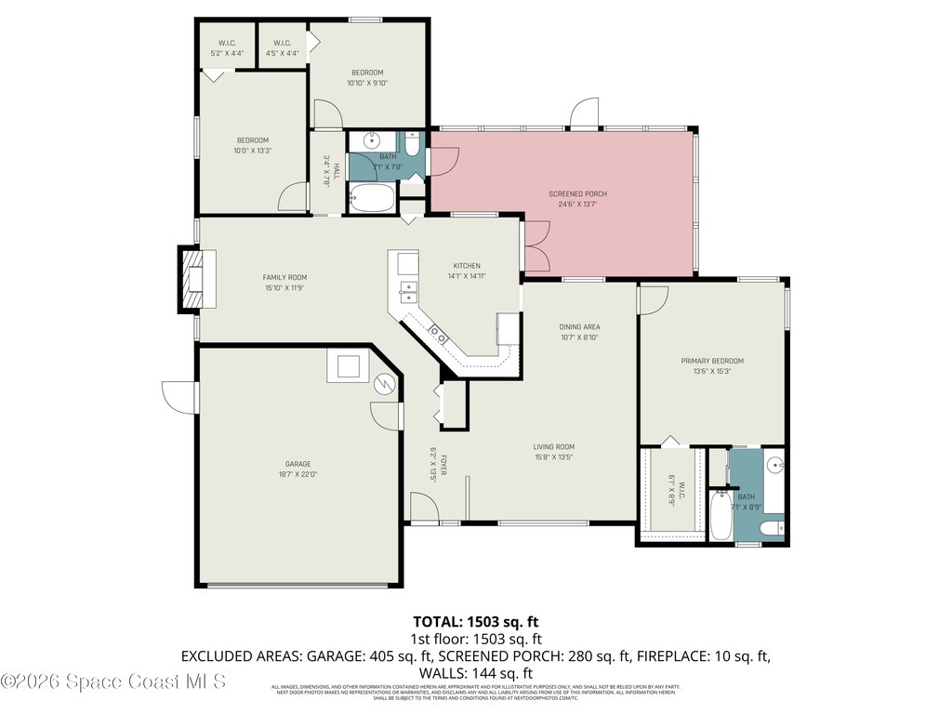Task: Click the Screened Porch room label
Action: coord(583,194)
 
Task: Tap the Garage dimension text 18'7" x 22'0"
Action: coord(297,474)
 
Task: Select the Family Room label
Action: coord(284,277)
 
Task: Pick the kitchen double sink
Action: coord(407,291)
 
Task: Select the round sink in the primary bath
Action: coord(775,465)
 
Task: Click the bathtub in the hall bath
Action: coord(372,198)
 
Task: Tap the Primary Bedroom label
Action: coord(712,361)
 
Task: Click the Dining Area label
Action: coord(579,327)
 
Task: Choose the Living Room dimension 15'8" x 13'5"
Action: coord(553,457)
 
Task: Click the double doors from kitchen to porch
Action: coord(535,246)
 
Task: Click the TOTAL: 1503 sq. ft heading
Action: coord(475,621)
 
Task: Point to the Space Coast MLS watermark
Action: coord(113,681)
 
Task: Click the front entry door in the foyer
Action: coord(424,509)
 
